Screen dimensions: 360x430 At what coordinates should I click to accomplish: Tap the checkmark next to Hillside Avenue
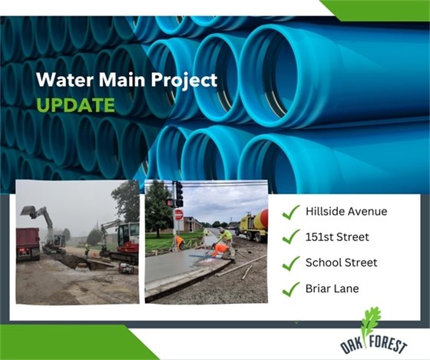click(x=290, y=211)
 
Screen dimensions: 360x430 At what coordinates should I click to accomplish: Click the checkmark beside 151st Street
click(x=290, y=236)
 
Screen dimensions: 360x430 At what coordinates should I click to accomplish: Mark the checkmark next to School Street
click(x=290, y=263)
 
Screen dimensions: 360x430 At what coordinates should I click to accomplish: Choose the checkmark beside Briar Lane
click(x=290, y=289)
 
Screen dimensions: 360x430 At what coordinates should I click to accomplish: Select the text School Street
click(x=341, y=263)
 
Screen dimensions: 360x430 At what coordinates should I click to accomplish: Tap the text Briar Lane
click(x=331, y=289)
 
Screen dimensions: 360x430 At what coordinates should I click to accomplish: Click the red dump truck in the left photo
click(x=28, y=243)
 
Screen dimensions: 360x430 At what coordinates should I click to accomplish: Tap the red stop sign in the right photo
click(x=179, y=215)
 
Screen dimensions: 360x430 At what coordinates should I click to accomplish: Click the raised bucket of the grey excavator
click(x=28, y=212)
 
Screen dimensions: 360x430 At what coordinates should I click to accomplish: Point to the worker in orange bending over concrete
click(x=220, y=248)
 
